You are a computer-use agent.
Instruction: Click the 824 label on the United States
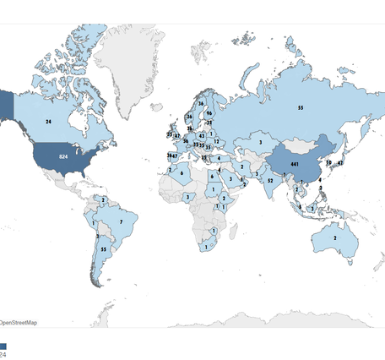tap(62, 158)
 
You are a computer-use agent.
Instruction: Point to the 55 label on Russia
tap(300, 108)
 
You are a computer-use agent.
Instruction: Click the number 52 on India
tap(270, 180)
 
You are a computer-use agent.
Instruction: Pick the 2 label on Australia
tap(336, 238)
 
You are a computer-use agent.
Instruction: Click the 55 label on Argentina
tap(103, 250)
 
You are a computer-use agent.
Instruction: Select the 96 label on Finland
tap(208, 112)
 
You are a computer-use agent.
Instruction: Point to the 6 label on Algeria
tap(182, 173)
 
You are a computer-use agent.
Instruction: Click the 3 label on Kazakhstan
tap(260, 143)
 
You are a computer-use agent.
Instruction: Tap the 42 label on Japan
tap(339, 162)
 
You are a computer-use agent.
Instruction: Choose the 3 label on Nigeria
tap(187, 197)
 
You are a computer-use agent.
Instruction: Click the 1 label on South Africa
tap(205, 248)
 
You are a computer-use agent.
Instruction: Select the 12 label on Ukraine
tap(216, 142)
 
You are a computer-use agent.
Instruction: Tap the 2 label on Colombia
tap(102, 199)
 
